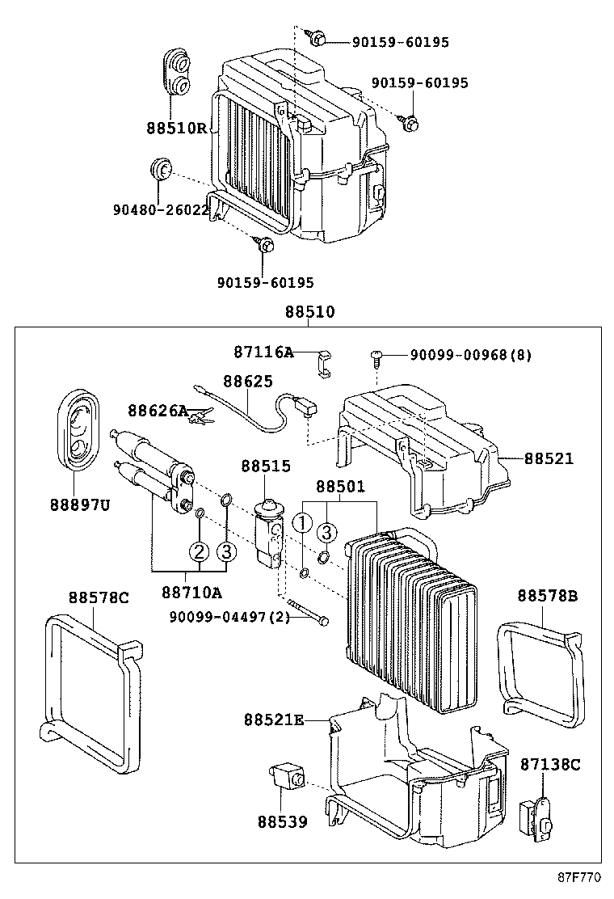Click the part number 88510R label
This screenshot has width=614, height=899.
pyautogui.click(x=177, y=128)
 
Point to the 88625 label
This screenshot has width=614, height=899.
pyautogui.click(x=248, y=382)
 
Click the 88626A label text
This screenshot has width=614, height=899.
pyautogui.click(x=158, y=412)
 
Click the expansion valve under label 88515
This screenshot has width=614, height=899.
pyautogui.click(x=268, y=534)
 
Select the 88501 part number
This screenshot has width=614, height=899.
pyautogui.click(x=340, y=487)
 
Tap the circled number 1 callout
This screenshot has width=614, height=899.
pyautogui.click(x=302, y=523)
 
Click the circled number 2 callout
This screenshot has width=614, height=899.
pyautogui.click(x=199, y=552)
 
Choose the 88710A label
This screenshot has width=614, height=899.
pyautogui.click(x=191, y=593)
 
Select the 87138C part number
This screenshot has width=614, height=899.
pyautogui.click(x=549, y=764)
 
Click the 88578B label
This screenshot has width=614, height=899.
pyautogui.click(x=547, y=597)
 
